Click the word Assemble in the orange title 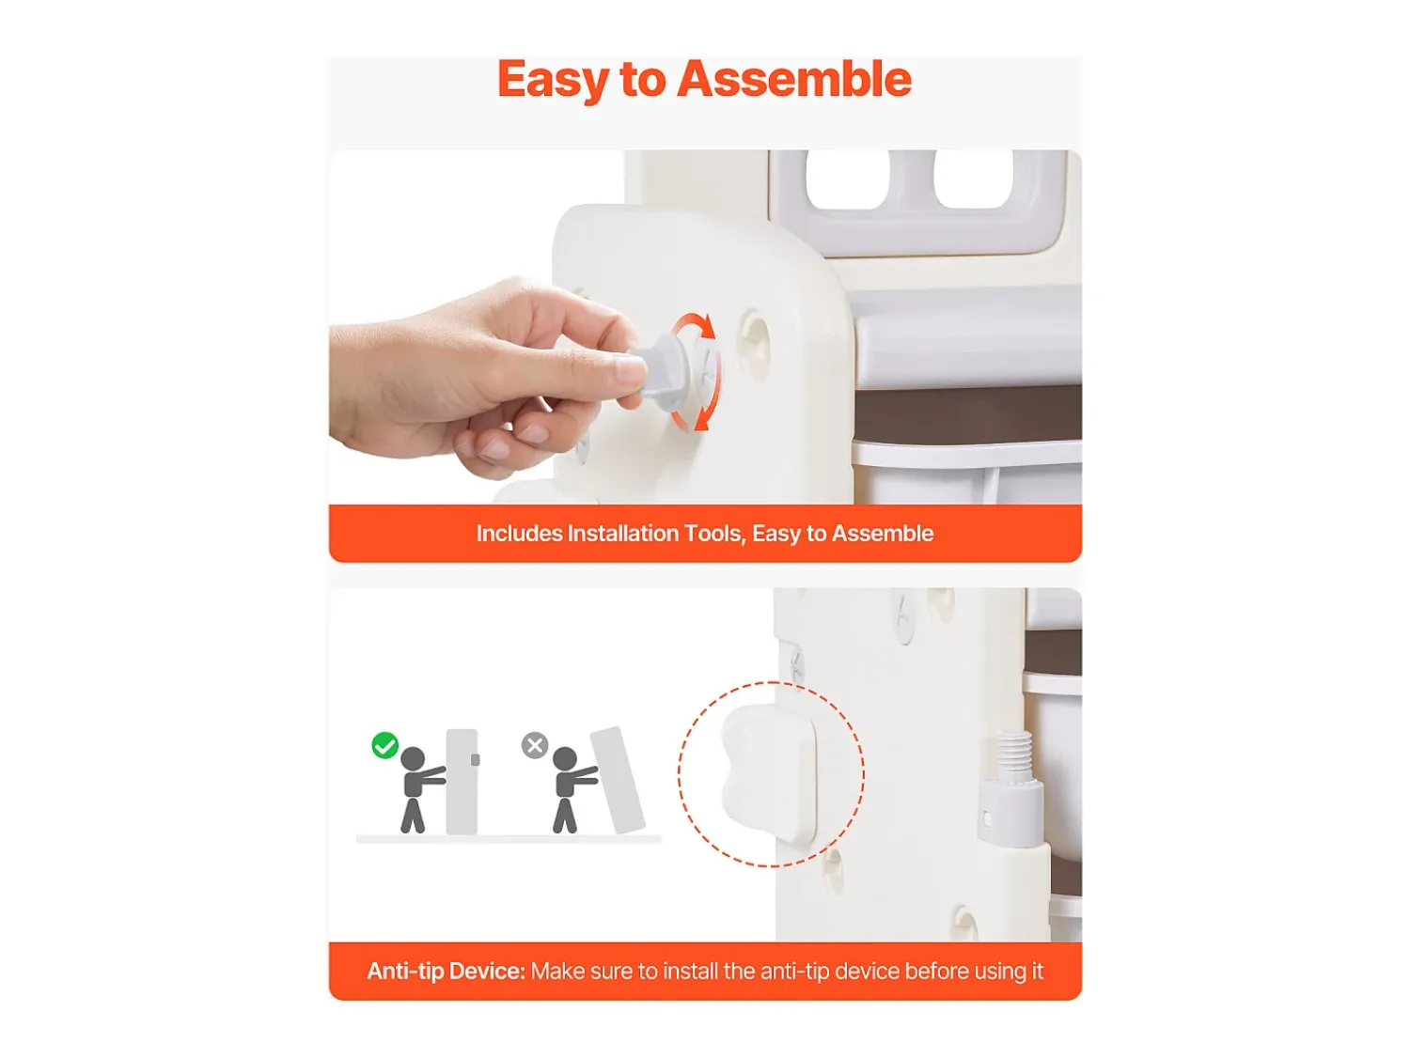(794, 80)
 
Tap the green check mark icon (384, 745)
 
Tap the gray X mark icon (535, 745)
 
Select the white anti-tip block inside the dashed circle (769, 773)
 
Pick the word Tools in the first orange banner (715, 534)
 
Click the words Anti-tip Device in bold (446, 972)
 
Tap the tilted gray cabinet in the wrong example (618, 780)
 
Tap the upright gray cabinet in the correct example (462, 782)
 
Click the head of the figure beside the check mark (413, 759)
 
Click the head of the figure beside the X (565, 759)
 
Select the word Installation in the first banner (622, 534)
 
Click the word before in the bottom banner (935, 972)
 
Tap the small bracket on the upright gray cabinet (476, 760)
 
